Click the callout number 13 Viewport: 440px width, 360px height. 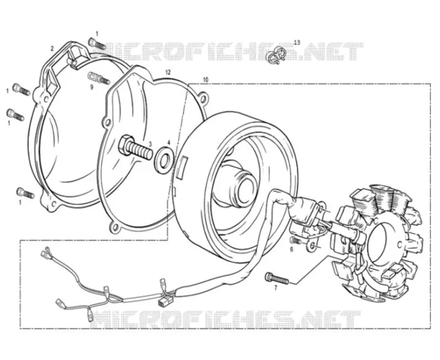point(297,43)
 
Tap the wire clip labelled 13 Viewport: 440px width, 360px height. point(275,54)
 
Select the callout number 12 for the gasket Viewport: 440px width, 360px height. point(168,72)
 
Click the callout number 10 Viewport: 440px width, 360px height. point(206,80)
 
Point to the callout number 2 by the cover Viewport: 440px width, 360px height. point(52,49)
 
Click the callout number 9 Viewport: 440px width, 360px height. point(92,88)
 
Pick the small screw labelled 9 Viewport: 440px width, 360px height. point(99,78)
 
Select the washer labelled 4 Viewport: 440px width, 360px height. point(164,159)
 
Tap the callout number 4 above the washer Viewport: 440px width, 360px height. point(168,143)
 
